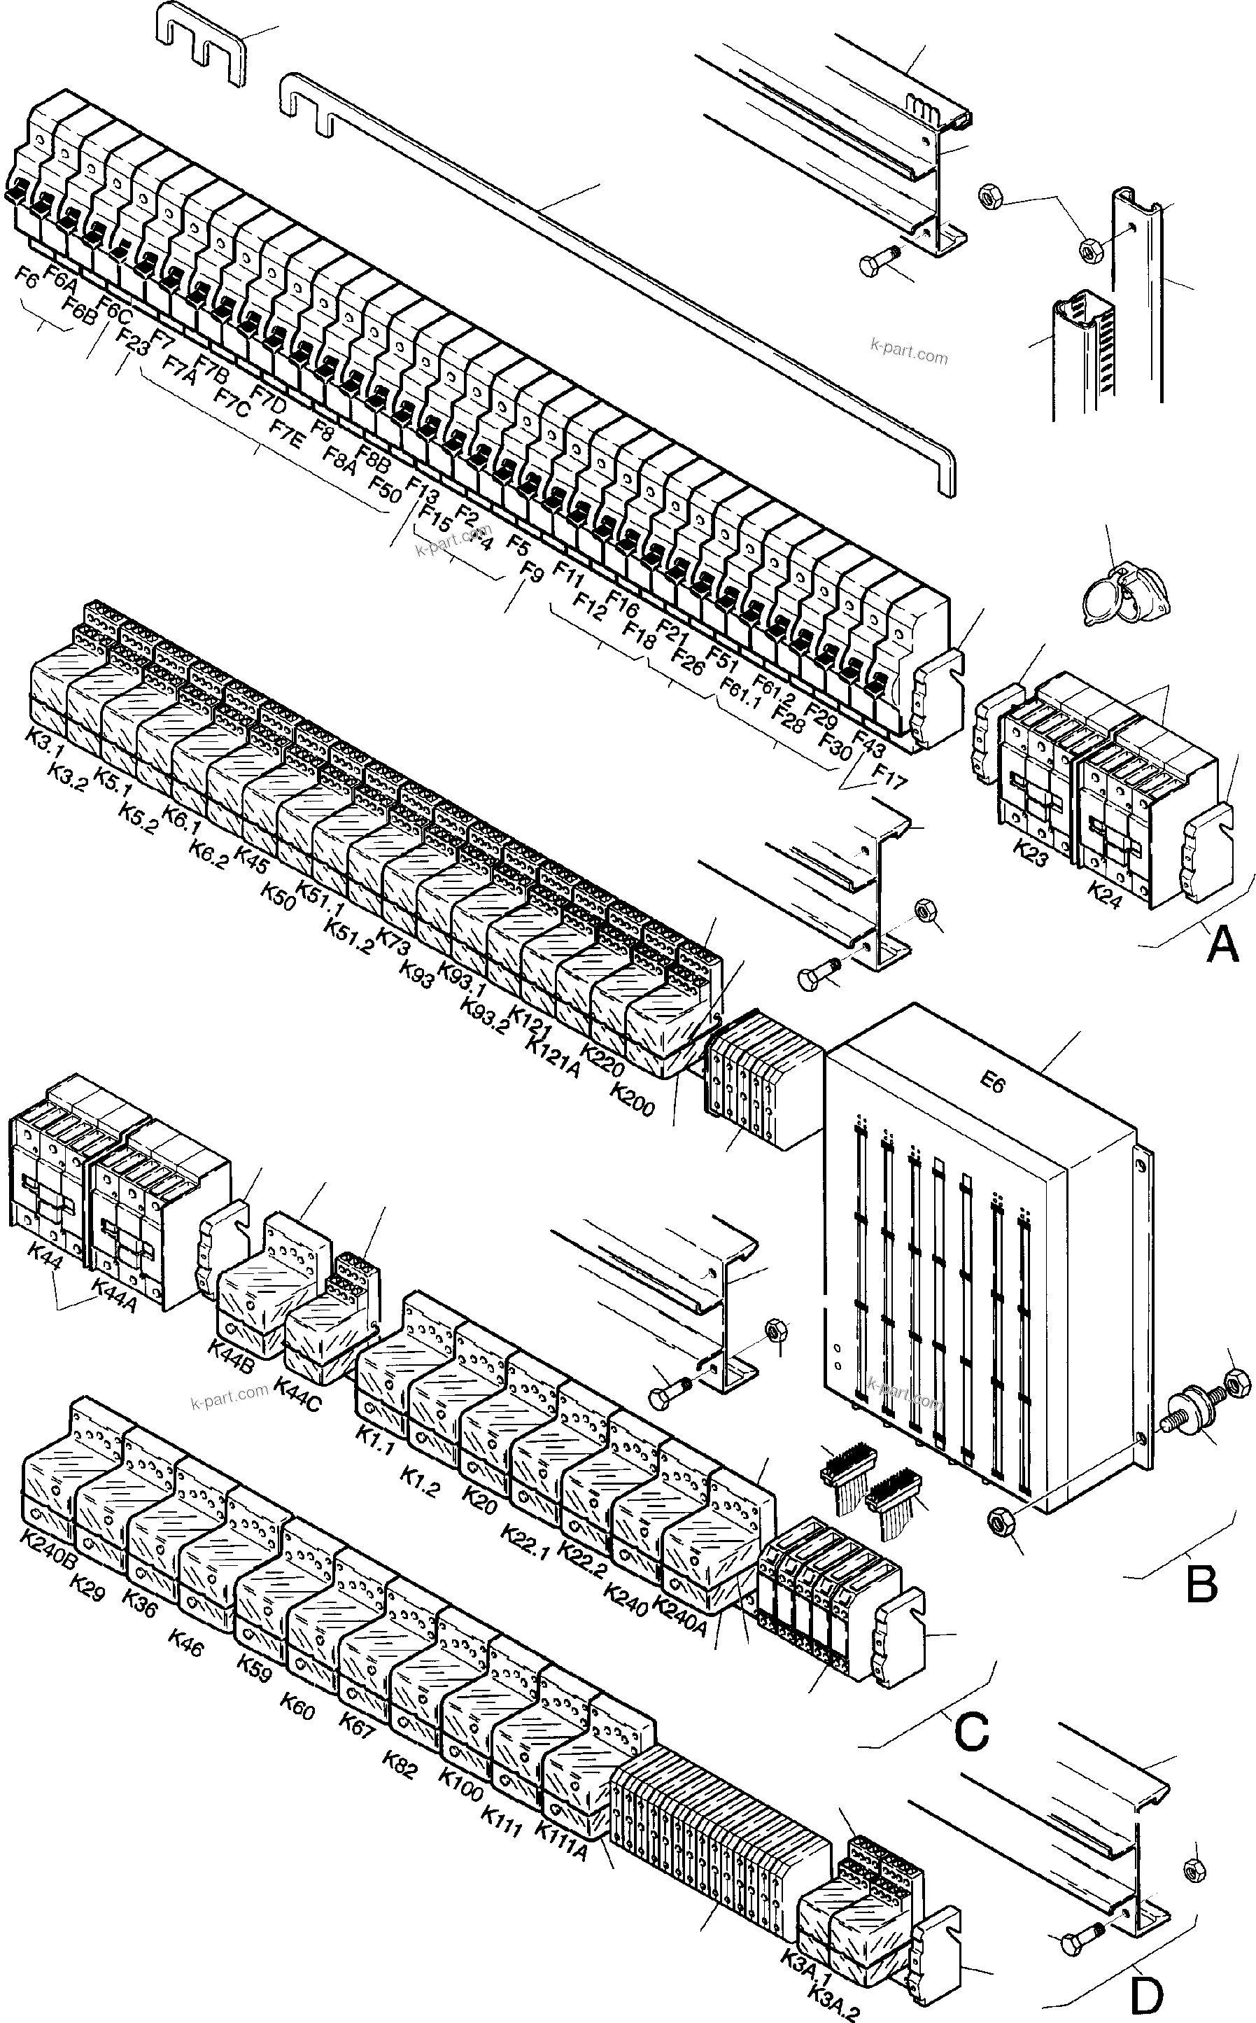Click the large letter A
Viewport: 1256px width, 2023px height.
click(x=1222, y=944)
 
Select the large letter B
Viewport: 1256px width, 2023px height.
click(x=1201, y=1583)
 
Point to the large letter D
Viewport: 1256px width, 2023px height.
click(x=1146, y=1994)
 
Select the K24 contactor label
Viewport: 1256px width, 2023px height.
click(x=1105, y=895)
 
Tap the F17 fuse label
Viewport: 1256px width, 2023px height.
click(x=889, y=776)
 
